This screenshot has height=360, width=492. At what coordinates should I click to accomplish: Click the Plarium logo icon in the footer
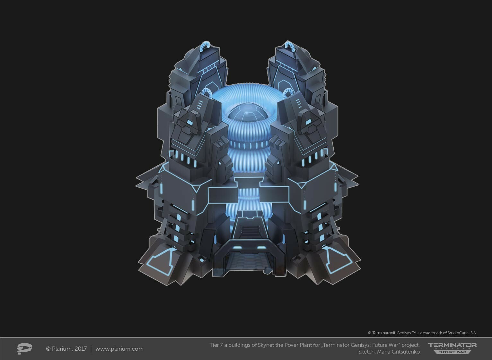(x=24, y=348)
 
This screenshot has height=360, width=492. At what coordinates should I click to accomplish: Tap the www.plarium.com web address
(x=119, y=349)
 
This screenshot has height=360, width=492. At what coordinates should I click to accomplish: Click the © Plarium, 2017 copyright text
(x=66, y=349)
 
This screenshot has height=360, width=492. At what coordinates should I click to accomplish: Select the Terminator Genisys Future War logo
(x=452, y=348)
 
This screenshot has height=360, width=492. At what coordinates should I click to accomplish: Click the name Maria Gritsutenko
(x=398, y=352)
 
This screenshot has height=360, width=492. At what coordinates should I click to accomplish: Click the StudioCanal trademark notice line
(x=422, y=333)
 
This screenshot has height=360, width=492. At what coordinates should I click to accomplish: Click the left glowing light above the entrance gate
(x=238, y=247)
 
